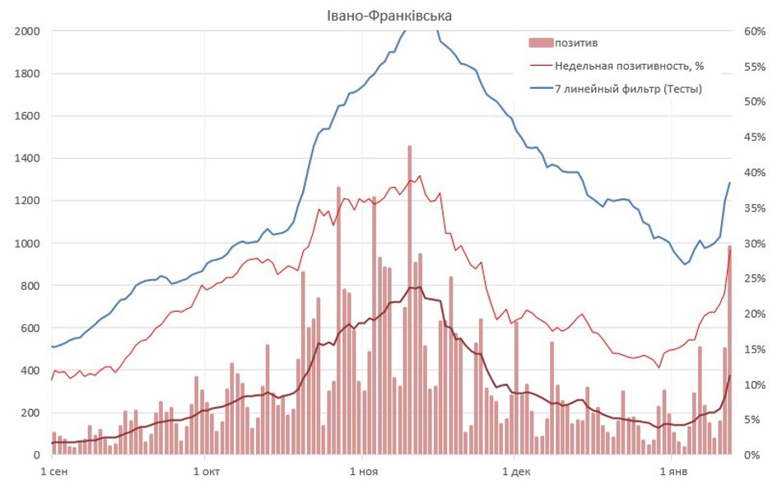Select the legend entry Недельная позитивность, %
[x=629, y=65]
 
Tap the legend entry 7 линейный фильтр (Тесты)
[x=628, y=88]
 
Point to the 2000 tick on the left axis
[x=27, y=31]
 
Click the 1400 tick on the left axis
[x=27, y=158]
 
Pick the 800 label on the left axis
[x=30, y=286]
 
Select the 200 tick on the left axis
[x=30, y=412]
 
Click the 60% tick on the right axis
[x=755, y=31]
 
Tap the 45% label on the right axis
[x=755, y=137]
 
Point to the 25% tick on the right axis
[x=755, y=278]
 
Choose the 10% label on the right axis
[x=755, y=384]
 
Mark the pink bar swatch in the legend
[x=539, y=43]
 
